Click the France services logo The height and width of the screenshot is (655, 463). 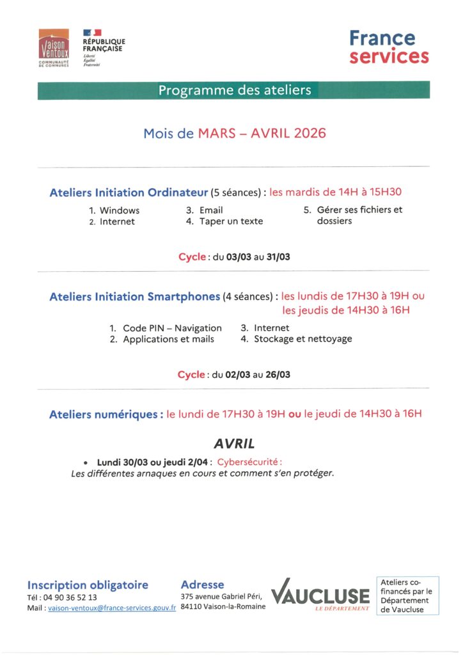[388, 47]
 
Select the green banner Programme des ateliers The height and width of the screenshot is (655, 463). [234, 90]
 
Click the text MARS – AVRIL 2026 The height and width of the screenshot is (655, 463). [262, 133]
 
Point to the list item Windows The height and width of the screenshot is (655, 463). [119, 210]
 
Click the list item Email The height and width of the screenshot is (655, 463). [211, 210]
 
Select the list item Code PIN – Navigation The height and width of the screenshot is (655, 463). [172, 328]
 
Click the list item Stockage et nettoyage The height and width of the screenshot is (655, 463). [302, 339]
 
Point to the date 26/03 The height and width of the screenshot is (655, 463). [278, 375]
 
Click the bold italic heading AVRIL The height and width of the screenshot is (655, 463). [234, 443]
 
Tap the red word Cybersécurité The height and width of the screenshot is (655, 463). [249, 462]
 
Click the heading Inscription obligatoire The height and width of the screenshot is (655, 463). [88, 585]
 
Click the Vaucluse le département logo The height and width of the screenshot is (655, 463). [320, 596]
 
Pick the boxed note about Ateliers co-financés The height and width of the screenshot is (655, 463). [407, 596]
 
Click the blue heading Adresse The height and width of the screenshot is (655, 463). [203, 585]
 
